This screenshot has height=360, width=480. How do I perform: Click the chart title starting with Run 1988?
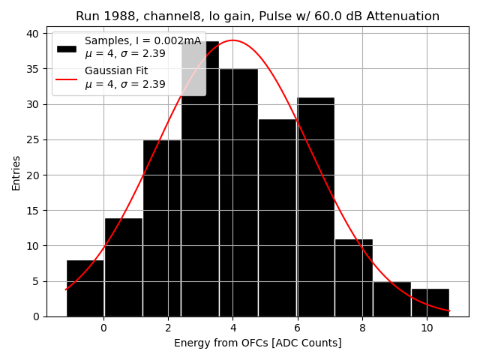257,16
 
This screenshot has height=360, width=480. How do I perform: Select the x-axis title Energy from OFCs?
257,343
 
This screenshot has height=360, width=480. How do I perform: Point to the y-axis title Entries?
16,173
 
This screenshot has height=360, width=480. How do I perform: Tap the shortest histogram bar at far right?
430,302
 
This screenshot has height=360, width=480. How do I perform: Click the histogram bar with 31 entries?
316,207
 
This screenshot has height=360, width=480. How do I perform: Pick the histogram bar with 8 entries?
85,288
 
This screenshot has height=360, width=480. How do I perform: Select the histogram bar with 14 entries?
123,267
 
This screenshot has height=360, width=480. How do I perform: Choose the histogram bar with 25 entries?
162,228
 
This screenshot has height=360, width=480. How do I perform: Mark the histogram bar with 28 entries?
277,217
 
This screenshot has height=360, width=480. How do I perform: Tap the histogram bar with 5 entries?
392,298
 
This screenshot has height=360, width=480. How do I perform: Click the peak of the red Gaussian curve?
233,40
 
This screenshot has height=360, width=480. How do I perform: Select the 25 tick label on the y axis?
36,139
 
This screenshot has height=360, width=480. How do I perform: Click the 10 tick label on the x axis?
426,328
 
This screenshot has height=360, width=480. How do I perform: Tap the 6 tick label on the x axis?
297,328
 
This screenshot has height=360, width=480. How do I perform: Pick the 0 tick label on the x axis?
103,328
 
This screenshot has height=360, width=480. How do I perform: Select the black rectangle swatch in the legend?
67,48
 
